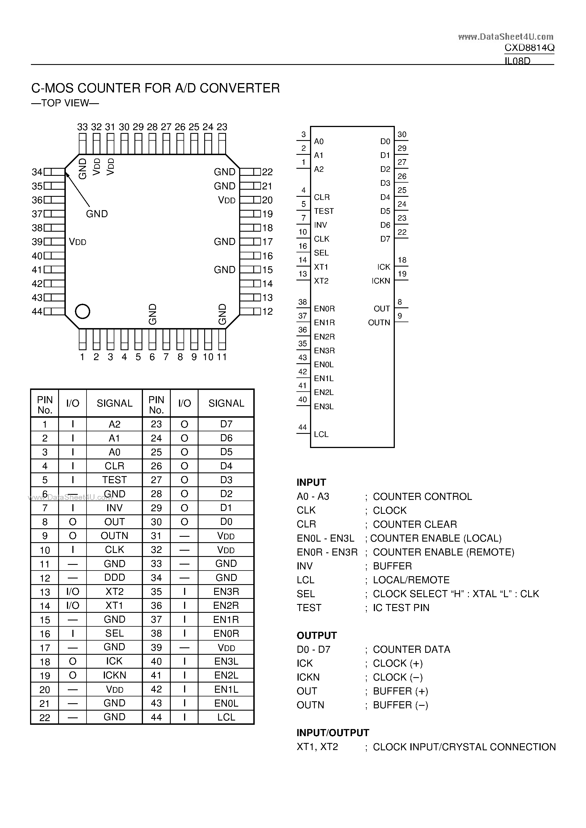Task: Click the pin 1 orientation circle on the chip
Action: tap(82, 311)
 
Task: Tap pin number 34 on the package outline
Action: tap(37, 172)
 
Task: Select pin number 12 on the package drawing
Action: tap(267, 311)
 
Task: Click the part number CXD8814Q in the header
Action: tap(529, 48)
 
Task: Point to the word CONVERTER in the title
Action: tap(240, 88)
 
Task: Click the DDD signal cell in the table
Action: tap(114, 577)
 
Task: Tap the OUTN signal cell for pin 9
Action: tap(114, 536)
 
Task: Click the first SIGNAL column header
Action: tap(114, 403)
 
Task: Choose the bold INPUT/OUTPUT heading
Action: tap(333, 733)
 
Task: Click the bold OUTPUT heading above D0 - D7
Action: tap(317, 635)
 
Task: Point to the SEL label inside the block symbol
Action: tap(321, 253)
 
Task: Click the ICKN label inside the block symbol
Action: tap(381, 281)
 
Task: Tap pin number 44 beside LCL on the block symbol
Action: tap(302, 427)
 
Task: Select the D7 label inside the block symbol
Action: tap(385, 239)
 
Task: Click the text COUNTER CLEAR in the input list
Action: tap(415, 524)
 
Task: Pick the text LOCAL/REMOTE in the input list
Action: tap(411, 580)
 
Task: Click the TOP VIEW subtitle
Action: tap(65, 103)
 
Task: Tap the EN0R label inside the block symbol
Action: tap(324, 309)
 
